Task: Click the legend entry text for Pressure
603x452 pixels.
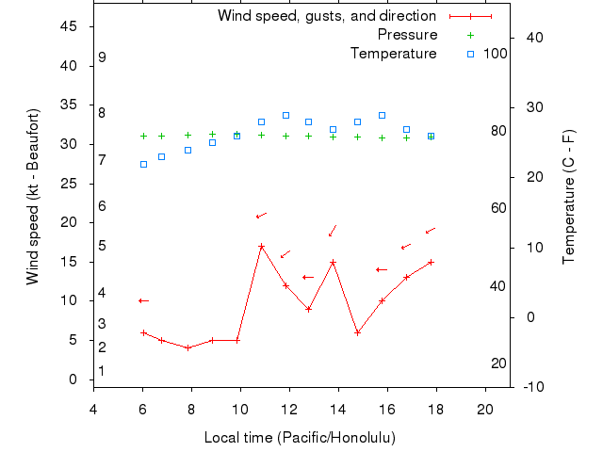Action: coord(407,35)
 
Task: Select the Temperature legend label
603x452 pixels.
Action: coord(393,54)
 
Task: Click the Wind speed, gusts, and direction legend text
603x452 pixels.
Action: coord(326,16)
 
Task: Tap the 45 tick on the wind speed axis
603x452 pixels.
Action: coord(69,26)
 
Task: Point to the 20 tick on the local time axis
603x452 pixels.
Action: coord(485,410)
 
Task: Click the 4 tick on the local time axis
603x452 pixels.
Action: coord(93,410)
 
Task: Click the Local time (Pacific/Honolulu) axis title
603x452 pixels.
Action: coord(300,438)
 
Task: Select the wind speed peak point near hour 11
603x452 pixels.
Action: coord(261,247)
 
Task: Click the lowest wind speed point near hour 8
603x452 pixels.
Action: coord(188,347)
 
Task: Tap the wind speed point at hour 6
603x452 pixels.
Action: coord(143,332)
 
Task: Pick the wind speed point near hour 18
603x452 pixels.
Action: coord(431,262)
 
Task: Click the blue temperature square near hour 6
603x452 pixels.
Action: coord(143,164)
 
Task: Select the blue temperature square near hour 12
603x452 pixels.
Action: coord(285,115)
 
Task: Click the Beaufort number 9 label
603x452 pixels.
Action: coord(102,57)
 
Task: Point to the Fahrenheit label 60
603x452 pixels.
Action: coord(498,209)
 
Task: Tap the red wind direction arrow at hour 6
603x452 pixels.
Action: coord(143,300)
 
